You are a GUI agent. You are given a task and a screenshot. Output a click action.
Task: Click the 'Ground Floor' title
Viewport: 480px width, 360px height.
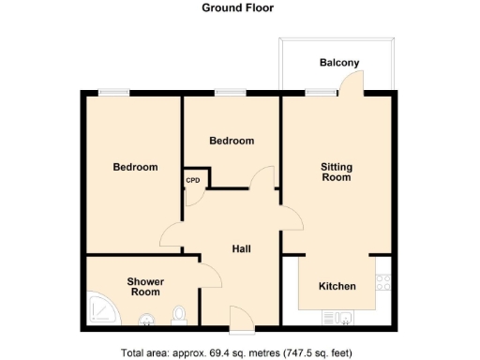click(238, 7)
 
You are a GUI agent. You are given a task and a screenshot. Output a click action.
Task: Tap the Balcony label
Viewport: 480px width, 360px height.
click(338, 63)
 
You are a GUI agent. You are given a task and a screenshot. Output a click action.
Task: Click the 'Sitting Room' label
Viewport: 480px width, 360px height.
click(336, 172)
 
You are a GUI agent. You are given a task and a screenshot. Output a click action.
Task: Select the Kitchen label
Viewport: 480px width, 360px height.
click(337, 286)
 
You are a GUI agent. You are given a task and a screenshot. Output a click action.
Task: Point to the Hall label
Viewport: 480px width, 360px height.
click(242, 248)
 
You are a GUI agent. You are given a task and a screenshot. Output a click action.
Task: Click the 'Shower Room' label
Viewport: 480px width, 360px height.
click(145, 287)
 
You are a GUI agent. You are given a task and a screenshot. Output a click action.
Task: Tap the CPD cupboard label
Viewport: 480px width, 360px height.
click(193, 180)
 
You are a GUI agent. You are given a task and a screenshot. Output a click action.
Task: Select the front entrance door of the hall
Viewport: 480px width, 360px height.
click(239, 319)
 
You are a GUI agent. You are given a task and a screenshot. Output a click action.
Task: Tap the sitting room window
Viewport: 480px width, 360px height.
click(322, 92)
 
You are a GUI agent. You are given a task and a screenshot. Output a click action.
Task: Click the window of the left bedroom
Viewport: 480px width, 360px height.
click(113, 92)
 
